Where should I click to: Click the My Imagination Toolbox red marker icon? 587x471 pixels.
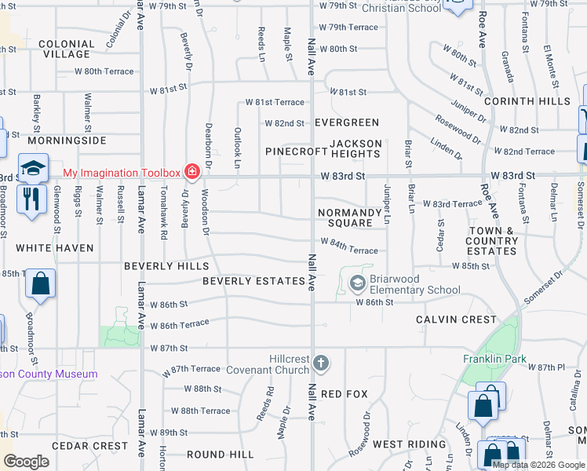click(191, 171)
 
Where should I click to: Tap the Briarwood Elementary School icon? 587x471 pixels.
click(358, 283)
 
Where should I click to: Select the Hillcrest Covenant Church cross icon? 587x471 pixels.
click(320, 363)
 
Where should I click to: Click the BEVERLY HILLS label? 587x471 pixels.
click(166, 266)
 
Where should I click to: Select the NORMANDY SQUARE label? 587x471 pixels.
click(350, 217)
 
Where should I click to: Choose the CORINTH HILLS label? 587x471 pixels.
click(527, 101)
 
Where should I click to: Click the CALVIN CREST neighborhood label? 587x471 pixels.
click(456, 319)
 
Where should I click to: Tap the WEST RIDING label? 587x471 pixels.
click(409, 444)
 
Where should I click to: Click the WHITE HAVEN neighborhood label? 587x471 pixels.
click(55, 248)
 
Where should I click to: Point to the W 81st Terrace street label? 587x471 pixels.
click(274, 102)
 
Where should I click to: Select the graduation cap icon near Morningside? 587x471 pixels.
click(34, 167)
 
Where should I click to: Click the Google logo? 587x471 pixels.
click(26, 462)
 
